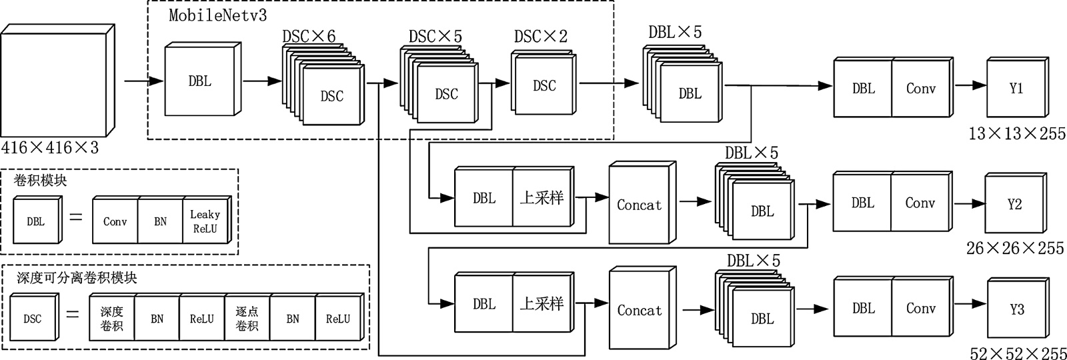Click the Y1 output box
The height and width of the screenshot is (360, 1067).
pyautogui.click(x=1016, y=89)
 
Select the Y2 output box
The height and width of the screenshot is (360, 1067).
pyautogui.click(x=1014, y=204)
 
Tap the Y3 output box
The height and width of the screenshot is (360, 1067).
pyautogui.click(x=1016, y=309)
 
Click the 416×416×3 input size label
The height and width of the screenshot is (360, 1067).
pyautogui.click(x=50, y=147)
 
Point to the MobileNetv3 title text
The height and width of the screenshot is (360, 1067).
pyautogui.click(x=217, y=15)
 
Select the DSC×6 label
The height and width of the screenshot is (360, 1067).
pyautogui.click(x=309, y=37)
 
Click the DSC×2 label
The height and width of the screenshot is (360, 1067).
pyautogui.click(x=541, y=37)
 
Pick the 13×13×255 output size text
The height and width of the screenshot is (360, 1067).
pyautogui.click(x=1017, y=134)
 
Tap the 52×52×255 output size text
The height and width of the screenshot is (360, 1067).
pyautogui.click(x=1017, y=353)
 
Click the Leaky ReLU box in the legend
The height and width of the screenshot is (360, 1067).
pyautogui.click(x=205, y=221)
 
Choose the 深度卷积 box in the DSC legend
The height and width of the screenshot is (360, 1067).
pyautogui.click(x=112, y=319)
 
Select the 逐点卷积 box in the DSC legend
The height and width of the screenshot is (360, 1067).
pyautogui.click(x=247, y=319)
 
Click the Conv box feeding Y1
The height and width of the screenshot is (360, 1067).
pyautogui.click(x=921, y=89)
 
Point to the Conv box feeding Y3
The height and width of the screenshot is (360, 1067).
pyautogui.click(x=921, y=309)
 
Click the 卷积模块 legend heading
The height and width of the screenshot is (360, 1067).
pyautogui.click(x=40, y=180)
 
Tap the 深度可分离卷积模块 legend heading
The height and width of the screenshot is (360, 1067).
pyautogui.click(x=77, y=277)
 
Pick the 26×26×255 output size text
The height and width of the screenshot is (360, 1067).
pyautogui.click(x=1015, y=249)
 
